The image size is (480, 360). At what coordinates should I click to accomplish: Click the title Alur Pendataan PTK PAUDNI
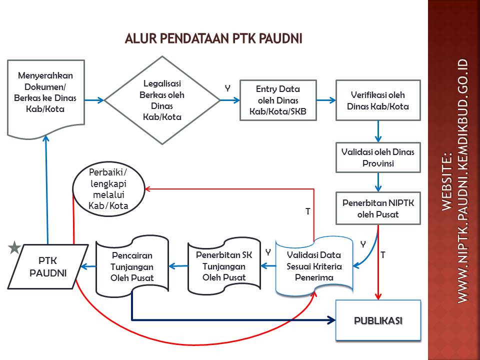[213, 38]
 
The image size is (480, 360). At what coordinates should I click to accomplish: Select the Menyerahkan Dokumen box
[45, 95]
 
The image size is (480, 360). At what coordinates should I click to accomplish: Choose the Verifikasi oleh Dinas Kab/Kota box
[378, 100]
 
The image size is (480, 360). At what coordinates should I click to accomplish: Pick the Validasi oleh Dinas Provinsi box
[378, 157]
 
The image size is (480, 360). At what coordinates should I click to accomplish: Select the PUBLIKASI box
[378, 320]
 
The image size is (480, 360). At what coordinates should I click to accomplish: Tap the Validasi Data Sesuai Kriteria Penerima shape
[314, 266]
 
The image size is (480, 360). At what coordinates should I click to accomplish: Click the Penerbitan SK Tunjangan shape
[224, 266]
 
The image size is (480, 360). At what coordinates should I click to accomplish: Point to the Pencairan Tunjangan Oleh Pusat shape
[132, 266]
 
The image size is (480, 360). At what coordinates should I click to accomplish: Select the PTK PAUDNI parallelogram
[48, 266]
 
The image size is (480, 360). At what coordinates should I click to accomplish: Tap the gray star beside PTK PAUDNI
[14, 247]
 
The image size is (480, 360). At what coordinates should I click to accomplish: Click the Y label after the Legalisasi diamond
[227, 88]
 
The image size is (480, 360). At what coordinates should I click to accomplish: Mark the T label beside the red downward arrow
[383, 255]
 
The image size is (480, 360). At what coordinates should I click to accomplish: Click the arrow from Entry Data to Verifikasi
[326, 100]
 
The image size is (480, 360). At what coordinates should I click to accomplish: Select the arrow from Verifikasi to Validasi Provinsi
[378, 131]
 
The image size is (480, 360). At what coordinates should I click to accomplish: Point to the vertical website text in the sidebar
[455, 180]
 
